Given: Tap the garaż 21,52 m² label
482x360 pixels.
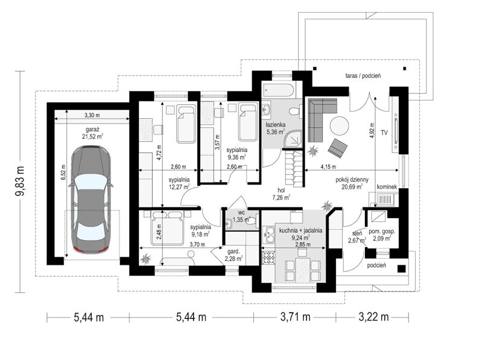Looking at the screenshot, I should point(92,133).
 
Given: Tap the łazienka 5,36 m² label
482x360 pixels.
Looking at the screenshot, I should point(277,130).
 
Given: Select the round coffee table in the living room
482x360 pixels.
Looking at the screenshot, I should point(338,125).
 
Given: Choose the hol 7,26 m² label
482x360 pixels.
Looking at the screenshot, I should point(281,193).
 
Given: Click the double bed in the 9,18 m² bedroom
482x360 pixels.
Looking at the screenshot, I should point(167,229).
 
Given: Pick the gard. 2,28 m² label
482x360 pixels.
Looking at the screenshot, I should point(233,255).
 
